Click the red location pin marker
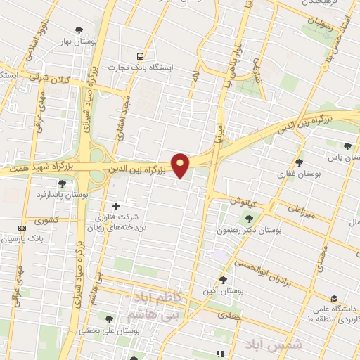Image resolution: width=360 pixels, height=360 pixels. click(181, 165)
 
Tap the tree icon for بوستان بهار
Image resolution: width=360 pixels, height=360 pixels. click(77, 30)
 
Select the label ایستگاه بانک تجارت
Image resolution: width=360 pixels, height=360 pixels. click(148, 68)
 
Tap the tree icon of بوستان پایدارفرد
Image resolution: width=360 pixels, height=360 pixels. click(62, 184)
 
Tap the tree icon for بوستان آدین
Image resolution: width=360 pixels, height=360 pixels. click(223, 279)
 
